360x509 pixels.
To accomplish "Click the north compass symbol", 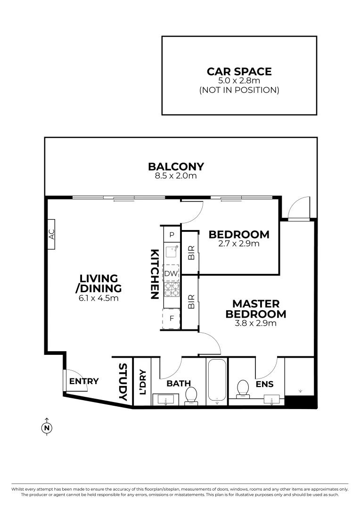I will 47,427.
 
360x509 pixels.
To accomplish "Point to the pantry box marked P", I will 172,234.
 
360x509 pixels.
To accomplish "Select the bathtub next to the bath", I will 216,382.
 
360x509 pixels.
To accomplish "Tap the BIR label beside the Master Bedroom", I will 191,302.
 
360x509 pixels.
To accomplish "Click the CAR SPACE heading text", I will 239,72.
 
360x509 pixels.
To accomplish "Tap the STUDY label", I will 123,382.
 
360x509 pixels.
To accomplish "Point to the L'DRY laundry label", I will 142,381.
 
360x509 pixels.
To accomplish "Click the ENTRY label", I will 84,381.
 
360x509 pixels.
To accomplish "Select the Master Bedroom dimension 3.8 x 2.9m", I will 256,323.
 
